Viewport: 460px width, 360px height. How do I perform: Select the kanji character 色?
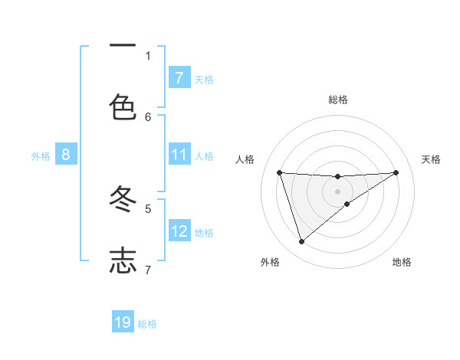tap(123, 106)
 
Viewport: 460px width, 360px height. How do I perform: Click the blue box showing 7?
tap(179, 77)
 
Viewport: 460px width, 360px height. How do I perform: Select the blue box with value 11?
tap(179, 155)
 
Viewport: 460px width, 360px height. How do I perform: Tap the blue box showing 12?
tap(179, 231)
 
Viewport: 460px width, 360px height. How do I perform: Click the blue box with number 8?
tap(66, 155)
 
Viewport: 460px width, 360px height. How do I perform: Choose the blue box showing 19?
tap(123, 322)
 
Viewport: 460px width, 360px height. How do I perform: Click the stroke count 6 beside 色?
tap(148, 116)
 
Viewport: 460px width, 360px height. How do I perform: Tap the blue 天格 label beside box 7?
tap(204, 79)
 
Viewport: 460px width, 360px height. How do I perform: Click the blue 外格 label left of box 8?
tap(41, 156)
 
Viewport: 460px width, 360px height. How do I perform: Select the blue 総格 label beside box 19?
tap(147, 324)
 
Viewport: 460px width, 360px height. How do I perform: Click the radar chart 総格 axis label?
tap(337, 100)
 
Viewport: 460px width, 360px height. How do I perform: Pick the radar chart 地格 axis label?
tap(402, 262)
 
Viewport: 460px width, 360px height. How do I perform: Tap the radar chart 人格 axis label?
tap(245, 159)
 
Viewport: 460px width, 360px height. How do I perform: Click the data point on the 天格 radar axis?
tap(396, 172)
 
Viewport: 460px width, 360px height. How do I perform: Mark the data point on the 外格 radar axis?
tap(301, 242)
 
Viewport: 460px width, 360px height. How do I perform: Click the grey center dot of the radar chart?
tap(337, 191)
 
